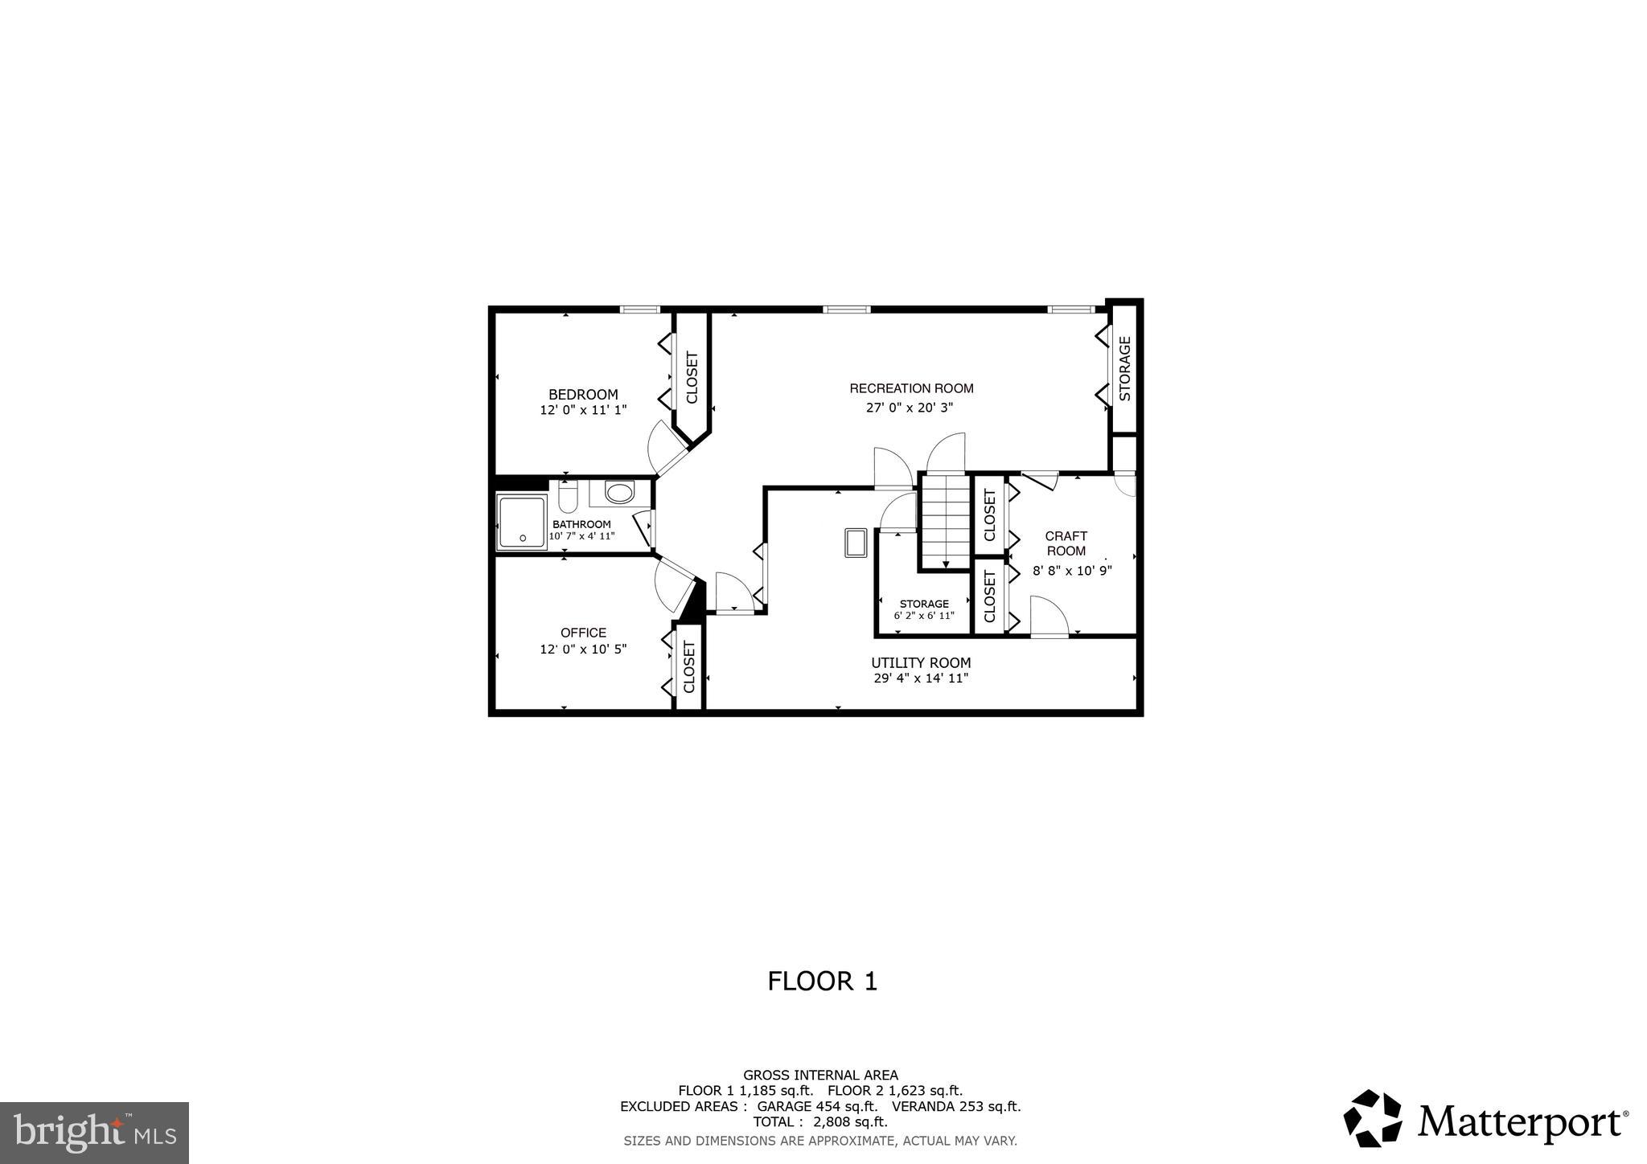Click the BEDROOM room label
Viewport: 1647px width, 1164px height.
click(583, 395)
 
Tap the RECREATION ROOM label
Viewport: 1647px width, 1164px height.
click(911, 388)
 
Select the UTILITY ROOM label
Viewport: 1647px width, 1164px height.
click(921, 663)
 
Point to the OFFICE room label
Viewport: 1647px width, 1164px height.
click(583, 633)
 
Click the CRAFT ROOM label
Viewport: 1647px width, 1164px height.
click(1066, 543)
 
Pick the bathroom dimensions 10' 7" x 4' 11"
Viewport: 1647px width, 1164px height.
click(581, 536)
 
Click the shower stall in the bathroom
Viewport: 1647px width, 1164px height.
click(521, 522)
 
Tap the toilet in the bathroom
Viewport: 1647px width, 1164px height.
click(568, 498)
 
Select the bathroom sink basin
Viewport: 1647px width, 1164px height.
click(619, 492)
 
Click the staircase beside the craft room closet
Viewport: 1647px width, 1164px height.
click(946, 522)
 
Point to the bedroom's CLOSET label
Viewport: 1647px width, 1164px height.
click(692, 378)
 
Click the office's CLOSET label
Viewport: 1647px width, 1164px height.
click(689, 666)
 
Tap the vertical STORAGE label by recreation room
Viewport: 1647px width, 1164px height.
click(1125, 369)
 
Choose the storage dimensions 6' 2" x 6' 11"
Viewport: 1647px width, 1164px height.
click(924, 617)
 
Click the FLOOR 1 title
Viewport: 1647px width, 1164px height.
click(822, 982)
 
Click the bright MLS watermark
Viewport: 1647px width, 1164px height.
click(95, 1133)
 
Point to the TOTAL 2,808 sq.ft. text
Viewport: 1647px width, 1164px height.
click(820, 1122)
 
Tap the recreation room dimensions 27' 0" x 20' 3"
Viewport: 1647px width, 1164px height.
click(910, 408)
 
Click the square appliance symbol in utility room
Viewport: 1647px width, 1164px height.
click(855, 543)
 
